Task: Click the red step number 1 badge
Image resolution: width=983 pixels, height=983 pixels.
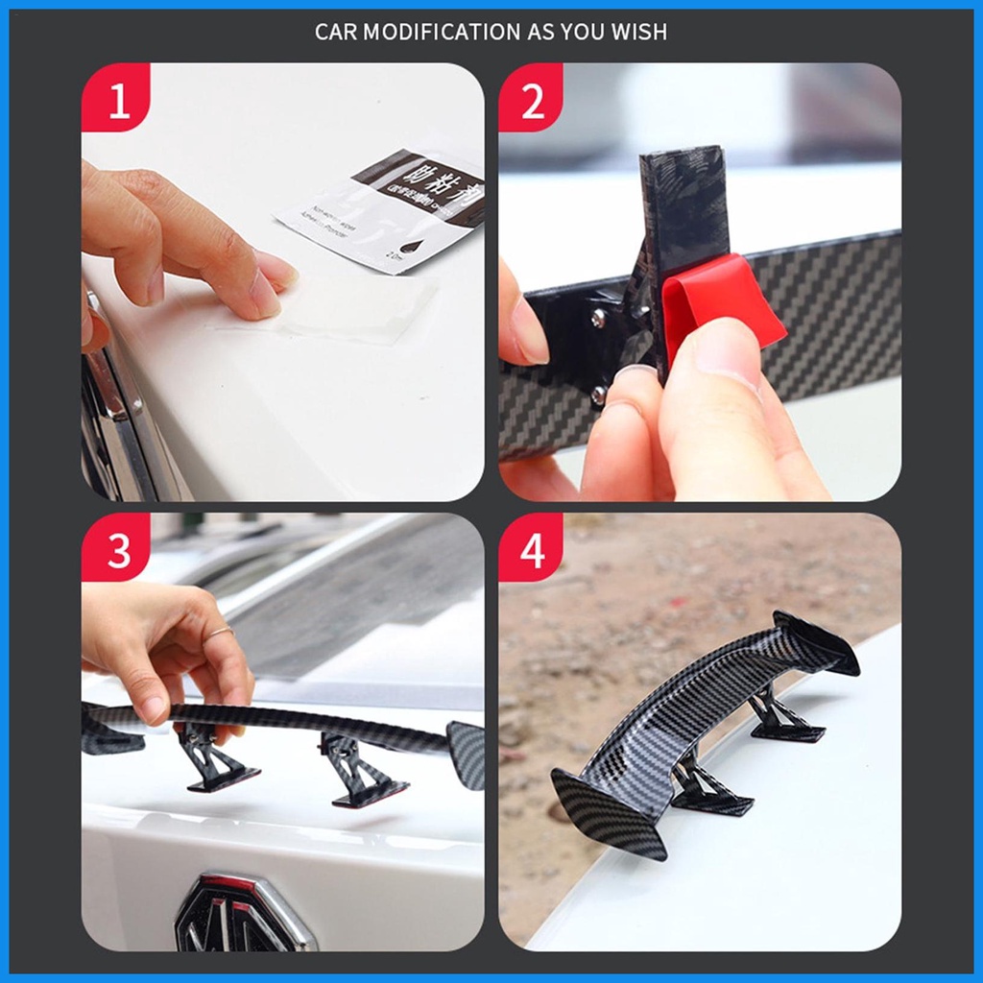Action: pos(116,99)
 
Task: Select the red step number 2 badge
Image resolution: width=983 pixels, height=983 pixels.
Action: pos(531,99)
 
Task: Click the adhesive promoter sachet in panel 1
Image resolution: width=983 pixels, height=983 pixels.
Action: pos(384,211)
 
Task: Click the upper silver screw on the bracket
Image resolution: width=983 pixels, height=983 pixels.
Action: pos(598,318)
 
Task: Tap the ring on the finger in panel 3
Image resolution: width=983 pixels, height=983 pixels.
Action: pos(220,632)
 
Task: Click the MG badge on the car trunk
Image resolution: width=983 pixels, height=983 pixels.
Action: pos(240,913)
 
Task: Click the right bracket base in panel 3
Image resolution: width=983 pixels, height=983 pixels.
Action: pos(370,792)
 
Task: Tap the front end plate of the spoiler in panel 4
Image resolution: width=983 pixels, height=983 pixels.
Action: pos(609,812)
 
